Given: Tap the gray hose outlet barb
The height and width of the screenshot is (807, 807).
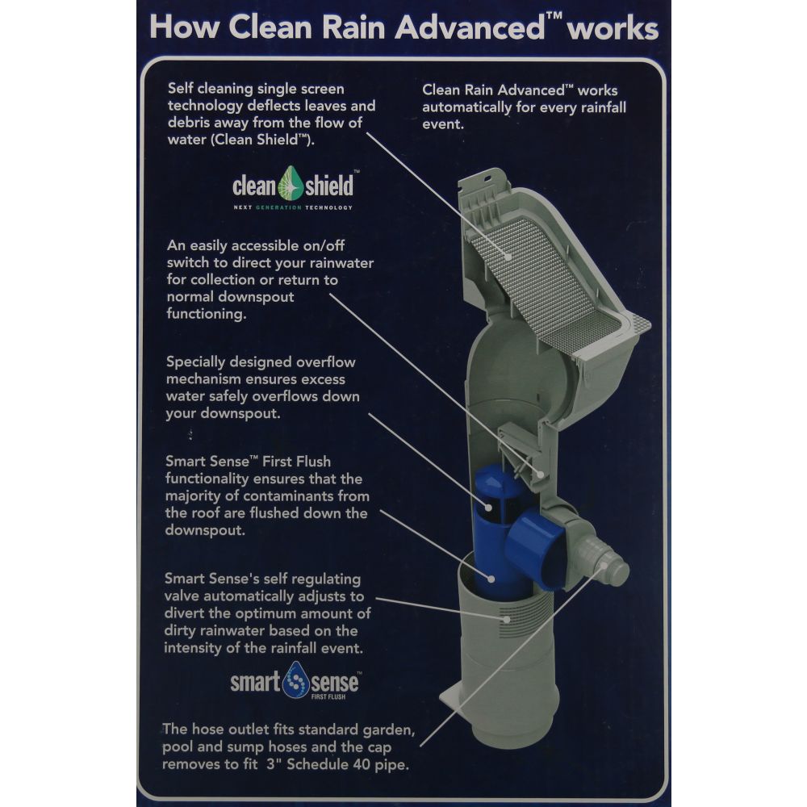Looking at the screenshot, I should coord(615,569).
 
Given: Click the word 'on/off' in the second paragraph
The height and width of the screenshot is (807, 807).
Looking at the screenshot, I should coord(321,245).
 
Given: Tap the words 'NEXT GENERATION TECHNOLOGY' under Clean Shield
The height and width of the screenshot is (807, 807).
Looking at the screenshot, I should coord(292,207).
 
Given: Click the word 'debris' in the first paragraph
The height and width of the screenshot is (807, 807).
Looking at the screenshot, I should coord(189,123).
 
